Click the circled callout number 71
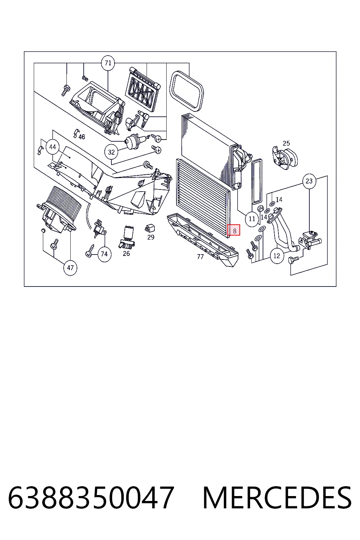point(108,63)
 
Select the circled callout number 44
point(53,147)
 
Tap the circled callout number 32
point(111,152)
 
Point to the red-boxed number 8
point(234,230)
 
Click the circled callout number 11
point(252,219)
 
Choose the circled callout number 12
point(277,256)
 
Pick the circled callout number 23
point(309,181)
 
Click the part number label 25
point(286,143)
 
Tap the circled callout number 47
point(70,268)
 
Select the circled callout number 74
point(104,254)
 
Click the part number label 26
point(126,253)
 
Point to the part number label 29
point(151,237)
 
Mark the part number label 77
point(200,257)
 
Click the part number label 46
point(82,137)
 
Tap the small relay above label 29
point(150,229)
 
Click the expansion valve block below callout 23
point(310,240)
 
